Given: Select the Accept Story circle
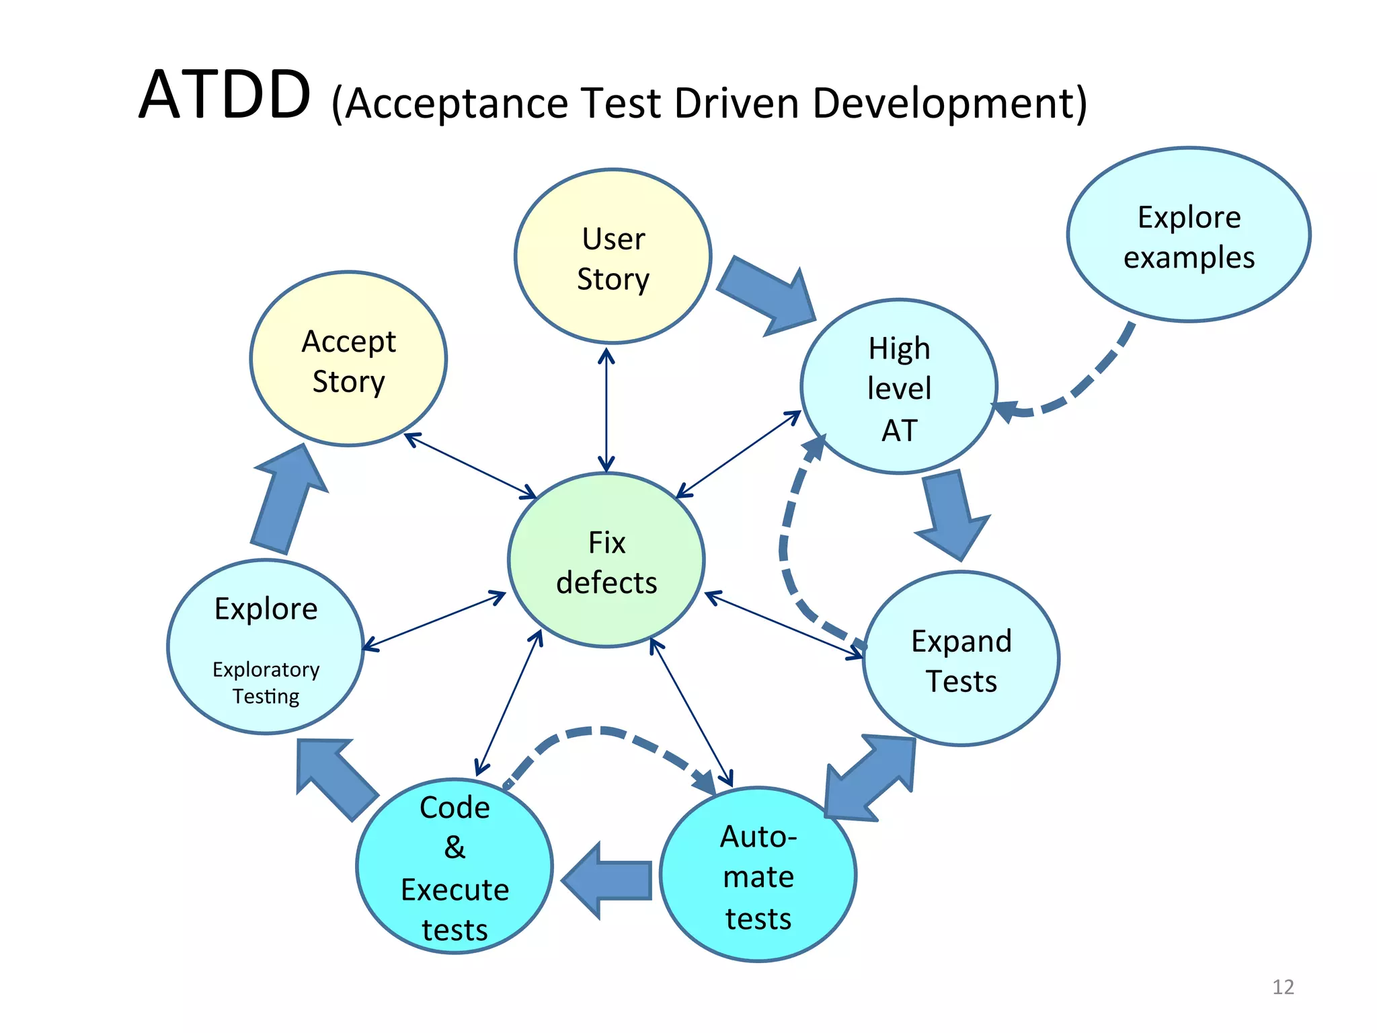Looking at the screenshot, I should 348,360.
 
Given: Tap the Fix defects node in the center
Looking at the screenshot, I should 606,561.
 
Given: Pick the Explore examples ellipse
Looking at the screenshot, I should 1188,235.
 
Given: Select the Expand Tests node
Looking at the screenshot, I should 961,659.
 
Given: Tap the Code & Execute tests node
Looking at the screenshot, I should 455,867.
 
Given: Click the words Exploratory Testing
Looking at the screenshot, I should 266,683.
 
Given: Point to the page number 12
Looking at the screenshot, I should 1283,987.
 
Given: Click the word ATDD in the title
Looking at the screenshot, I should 225,95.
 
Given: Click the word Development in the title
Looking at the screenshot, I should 948,104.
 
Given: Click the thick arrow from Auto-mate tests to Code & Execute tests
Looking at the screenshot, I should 608,880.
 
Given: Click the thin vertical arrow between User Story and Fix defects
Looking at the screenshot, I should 606,410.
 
